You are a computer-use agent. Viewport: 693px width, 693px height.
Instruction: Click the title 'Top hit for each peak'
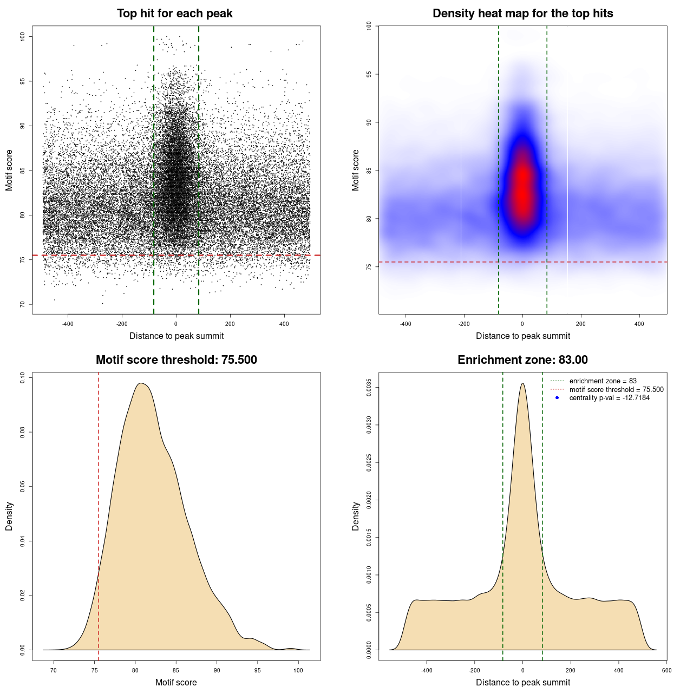[175, 14]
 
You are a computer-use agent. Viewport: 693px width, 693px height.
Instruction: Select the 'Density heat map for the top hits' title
[522, 14]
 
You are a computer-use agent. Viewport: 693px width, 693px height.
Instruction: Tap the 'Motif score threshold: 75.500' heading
[176, 360]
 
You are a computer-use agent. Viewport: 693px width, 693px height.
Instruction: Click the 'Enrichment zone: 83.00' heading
[522, 360]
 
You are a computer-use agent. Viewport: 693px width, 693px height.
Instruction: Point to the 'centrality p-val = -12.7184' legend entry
[609, 398]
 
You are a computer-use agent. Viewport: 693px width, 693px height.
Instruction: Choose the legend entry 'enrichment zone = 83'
[603, 381]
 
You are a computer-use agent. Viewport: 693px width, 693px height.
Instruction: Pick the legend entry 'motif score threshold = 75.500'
[616, 390]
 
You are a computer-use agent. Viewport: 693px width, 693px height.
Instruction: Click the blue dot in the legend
[557, 398]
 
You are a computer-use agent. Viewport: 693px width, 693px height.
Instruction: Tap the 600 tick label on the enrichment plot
[666, 670]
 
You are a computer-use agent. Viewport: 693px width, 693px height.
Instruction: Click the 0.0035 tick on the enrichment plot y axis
[369, 388]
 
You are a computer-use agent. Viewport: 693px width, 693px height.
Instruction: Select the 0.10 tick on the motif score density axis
[22, 377]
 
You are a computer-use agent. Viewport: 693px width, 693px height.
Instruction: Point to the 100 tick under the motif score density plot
[298, 670]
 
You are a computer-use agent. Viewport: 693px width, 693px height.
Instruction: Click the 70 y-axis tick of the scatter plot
[22, 304]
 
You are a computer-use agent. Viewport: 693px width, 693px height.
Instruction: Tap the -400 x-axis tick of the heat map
[406, 324]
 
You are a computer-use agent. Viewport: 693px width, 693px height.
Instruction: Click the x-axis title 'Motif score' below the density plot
[176, 682]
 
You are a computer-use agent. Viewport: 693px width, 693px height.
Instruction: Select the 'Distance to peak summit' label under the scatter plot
[176, 336]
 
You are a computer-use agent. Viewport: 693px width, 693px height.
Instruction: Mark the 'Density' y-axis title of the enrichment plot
[356, 516]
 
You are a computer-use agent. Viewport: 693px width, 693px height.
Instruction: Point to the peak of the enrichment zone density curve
[522, 383]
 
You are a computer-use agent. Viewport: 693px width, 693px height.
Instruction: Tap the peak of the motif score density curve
[141, 383]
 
